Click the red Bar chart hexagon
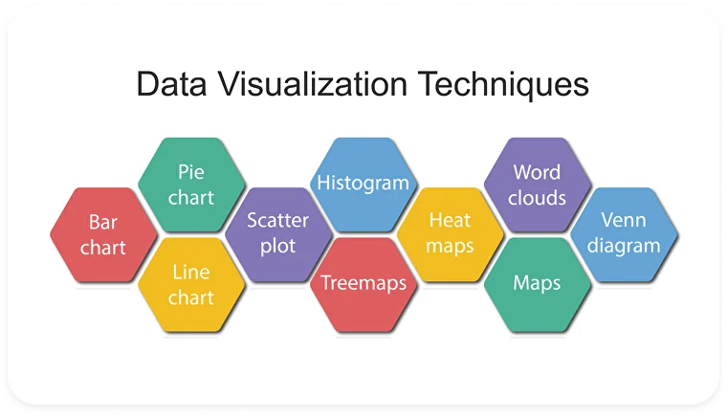103,234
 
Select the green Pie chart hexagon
191,185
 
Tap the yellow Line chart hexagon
191,285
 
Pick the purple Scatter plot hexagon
278,234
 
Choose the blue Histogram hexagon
363,185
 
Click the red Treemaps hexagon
363,285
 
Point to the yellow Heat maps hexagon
451,234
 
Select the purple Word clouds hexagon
538,185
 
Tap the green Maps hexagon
538,285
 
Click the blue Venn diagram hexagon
624,234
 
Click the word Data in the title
171,84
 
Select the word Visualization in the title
313,84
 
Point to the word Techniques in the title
503,85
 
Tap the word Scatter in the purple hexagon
277,220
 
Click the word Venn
624,220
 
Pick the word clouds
537,198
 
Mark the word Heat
450,220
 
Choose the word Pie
191,172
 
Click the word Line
191,273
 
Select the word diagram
624,246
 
